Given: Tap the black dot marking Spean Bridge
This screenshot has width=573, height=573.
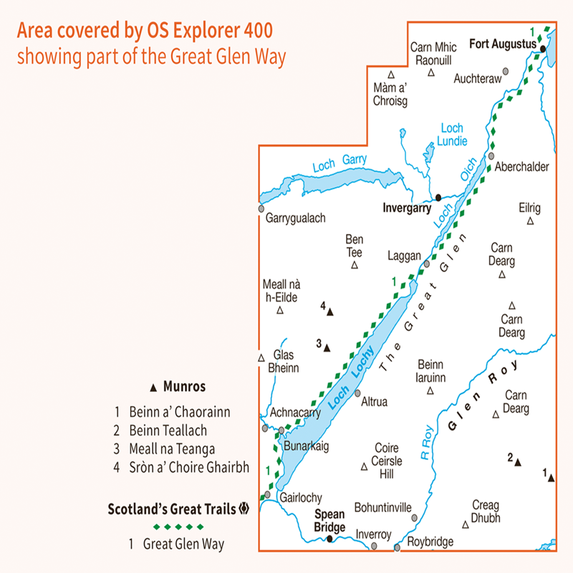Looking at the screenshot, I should tap(329, 539).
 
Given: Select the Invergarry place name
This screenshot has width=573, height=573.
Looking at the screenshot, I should tap(407, 209).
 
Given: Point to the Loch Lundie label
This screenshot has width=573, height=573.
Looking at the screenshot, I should tap(451, 134).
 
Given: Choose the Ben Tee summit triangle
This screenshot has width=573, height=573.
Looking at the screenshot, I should tap(354, 266).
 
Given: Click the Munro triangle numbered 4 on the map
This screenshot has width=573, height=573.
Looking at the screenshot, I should tap(331, 311).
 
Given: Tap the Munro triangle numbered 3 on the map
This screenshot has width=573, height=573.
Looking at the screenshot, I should tap(327, 349).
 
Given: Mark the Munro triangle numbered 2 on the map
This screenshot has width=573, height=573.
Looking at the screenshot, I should tap(518, 462).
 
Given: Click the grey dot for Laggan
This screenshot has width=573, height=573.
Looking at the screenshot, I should tap(426, 264).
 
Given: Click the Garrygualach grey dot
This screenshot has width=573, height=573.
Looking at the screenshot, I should tap(261, 208).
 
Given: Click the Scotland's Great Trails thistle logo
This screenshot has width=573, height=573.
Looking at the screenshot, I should tap(244, 510).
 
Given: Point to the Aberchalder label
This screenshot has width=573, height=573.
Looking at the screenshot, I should tap(522, 167).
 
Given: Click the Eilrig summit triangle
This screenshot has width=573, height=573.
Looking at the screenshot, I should tap(530, 221).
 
